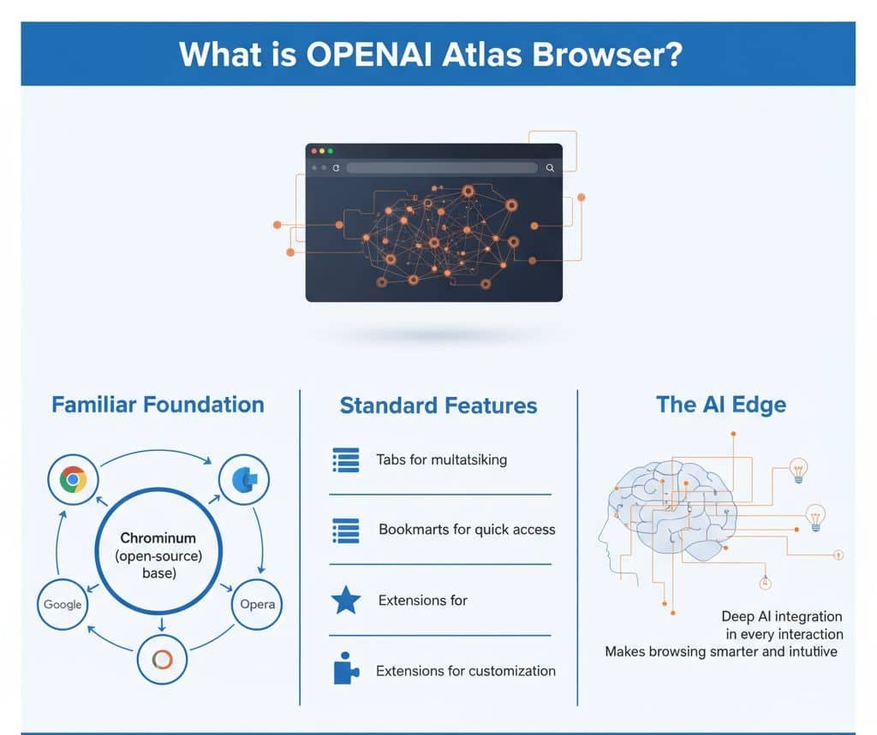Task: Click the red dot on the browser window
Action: click(x=313, y=151)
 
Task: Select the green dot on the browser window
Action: click(x=331, y=151)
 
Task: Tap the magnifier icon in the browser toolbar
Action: click(x=550, y=169)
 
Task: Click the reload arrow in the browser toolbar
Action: click(x=336, y=169)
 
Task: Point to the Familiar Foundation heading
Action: click(x=158, y=404)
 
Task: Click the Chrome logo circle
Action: click(x=73, y=480)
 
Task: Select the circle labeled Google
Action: click(x=63, y=604)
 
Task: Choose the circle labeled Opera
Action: click(x=257, y=604)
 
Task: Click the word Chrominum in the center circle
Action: click(x=158, y=538)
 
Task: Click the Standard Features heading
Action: click(x=438, y=406)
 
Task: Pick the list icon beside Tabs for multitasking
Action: click(x=345, y=460)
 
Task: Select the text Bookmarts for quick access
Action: click(x=467, y=530)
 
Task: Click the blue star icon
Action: click(x=345, y=601)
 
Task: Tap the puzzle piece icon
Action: click(x=345, y=669)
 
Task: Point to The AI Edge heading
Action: click(x=720, y=404)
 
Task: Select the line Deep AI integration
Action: click(x=781, y=616)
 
